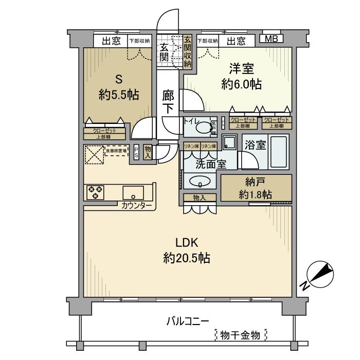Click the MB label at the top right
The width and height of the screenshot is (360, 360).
tap(271, 39)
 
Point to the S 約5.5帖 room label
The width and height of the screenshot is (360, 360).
tap(119, 87)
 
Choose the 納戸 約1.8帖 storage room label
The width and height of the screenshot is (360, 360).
tap(256, 188)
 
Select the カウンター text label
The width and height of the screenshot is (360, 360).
tap(137, 206)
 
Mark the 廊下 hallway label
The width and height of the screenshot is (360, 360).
tap(168, 101)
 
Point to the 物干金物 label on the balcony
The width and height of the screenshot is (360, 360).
tap(241, 335)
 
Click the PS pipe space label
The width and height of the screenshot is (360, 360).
tap(136, 152)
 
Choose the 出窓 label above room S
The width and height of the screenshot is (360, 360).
tap(111, 41)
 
